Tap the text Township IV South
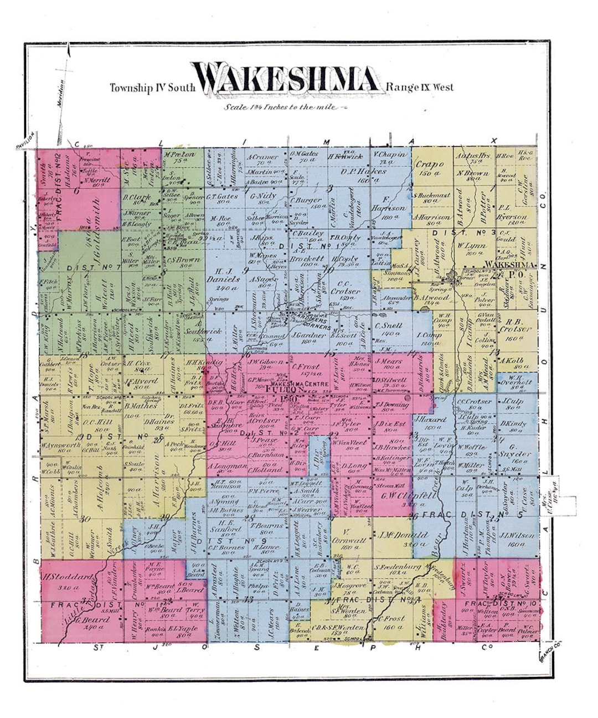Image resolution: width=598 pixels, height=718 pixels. click(152, 88)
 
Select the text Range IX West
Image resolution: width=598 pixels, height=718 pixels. click(420, 87)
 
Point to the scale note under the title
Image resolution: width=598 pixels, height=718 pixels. click(279, 107)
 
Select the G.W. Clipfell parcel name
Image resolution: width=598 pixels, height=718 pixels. click(399, 496)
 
